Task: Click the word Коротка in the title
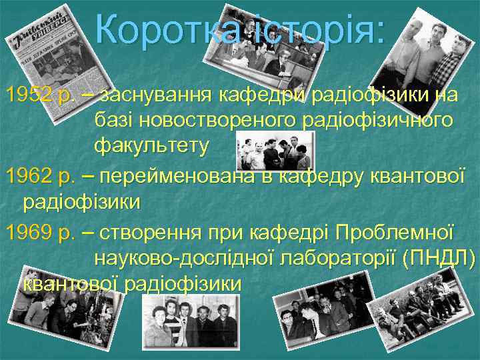(165, 31)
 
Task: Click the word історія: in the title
(313, 31)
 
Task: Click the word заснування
(154, 95)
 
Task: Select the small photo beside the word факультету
(274, 150)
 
